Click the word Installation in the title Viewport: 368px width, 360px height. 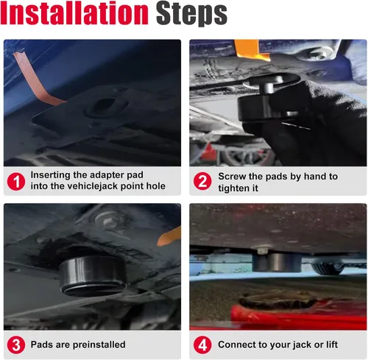pyautogui.click(x=74, y=13)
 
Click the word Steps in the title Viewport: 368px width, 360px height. pyautogui.click(x=191, y=14)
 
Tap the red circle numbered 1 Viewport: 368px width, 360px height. pyautogui.click(x=16, y=182)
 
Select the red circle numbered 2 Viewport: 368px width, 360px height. pyautogui.click(x=202, y=181)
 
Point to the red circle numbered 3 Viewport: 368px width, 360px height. pyautogui.click(x=16, y=345)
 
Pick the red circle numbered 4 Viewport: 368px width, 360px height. pyautogui.click(x=202, y=345)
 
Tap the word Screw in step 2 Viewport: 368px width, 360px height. pyautogui.click(x=232, y=177)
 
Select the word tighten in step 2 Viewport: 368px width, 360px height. pyautogui.click(x=232, y=188)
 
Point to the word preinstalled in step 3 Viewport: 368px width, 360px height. pyautogui.click(x=99, y=345)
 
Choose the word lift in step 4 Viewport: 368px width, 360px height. pyautogui.click(x=332, y=345)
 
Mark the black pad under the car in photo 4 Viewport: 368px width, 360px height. pyautogui.click(x=277, y=263)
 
